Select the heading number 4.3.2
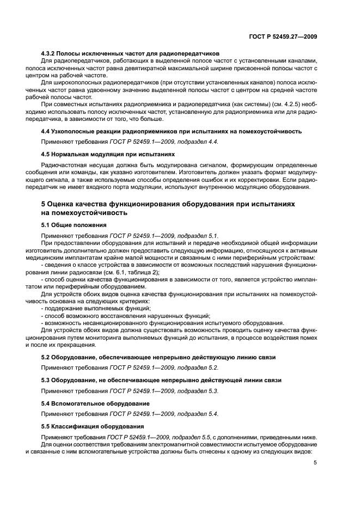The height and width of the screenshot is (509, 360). [x=50, y=53]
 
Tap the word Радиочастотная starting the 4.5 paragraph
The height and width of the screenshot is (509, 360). [x=65, y=165]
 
